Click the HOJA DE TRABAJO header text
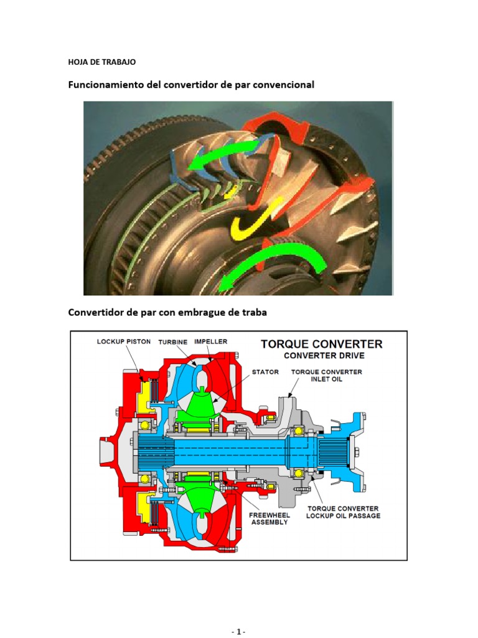click(102, 62)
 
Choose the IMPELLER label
click(211, 341)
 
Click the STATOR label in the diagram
click(265, 372)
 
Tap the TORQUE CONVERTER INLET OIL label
click(327, 375)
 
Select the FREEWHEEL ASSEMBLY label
click(269, 518)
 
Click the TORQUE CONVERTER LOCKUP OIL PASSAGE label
click(343, 512)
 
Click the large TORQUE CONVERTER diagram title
click(322, 344)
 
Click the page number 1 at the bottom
click(239, 632)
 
